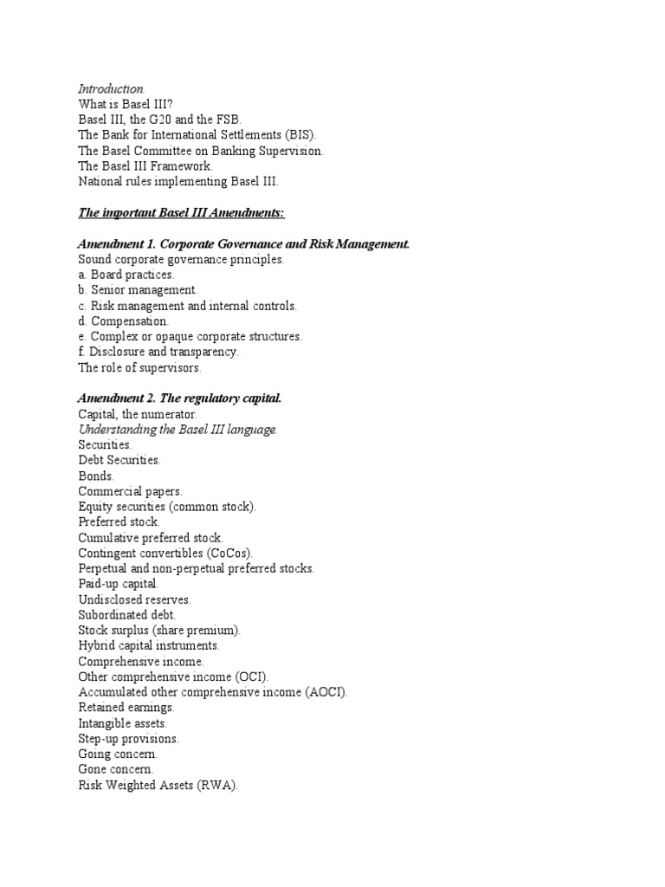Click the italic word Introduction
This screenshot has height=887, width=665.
112,88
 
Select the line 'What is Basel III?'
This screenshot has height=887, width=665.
126,104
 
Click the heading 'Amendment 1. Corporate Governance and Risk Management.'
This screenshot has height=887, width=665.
243,244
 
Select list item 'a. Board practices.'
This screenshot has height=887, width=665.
126,275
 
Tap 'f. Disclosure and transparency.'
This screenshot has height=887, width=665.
158,353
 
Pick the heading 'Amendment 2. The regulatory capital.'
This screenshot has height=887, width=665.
179,399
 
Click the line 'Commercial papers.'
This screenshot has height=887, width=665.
130,491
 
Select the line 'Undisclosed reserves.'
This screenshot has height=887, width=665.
134,599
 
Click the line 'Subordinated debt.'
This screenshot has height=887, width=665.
126,615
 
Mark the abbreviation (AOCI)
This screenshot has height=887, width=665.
325,692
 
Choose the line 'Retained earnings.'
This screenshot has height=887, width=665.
126,708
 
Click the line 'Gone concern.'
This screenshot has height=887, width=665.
116,770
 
